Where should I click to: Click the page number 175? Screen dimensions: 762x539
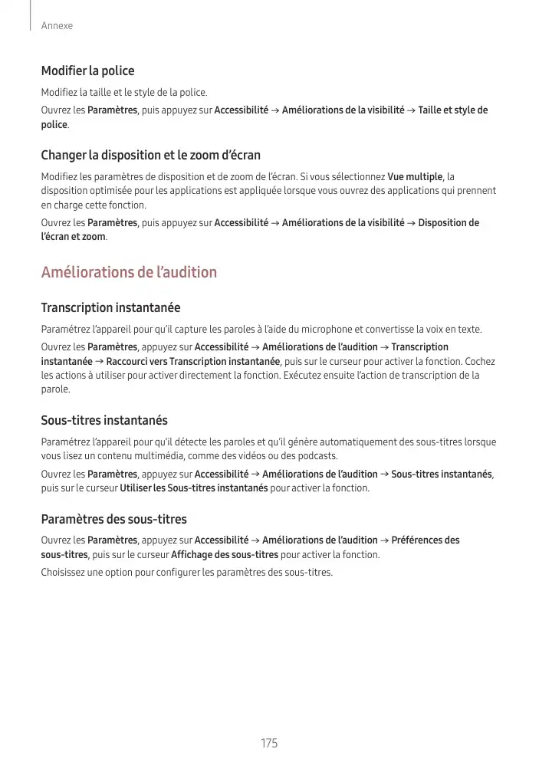pos(269,744)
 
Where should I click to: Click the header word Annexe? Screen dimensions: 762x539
pos(57,26)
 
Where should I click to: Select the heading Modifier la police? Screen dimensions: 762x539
pos(87,71)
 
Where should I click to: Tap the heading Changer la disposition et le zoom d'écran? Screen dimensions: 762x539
pos(150,155)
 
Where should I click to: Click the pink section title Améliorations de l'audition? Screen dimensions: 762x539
pos(129,272)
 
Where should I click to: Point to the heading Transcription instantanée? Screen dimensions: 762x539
pos(110,307)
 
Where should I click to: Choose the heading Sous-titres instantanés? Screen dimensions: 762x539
pos(104,420)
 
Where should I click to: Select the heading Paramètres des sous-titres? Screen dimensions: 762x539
pos(113,519)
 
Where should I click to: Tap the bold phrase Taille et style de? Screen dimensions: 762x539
pos(452,110)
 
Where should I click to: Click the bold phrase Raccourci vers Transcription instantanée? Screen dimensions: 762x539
pos(193,361)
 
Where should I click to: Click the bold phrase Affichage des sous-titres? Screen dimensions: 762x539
pos(225,554)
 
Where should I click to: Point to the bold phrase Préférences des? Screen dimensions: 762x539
pos(426,540)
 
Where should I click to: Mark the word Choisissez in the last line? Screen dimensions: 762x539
pos(65,573)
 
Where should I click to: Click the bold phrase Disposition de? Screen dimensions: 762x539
pos(449,222)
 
